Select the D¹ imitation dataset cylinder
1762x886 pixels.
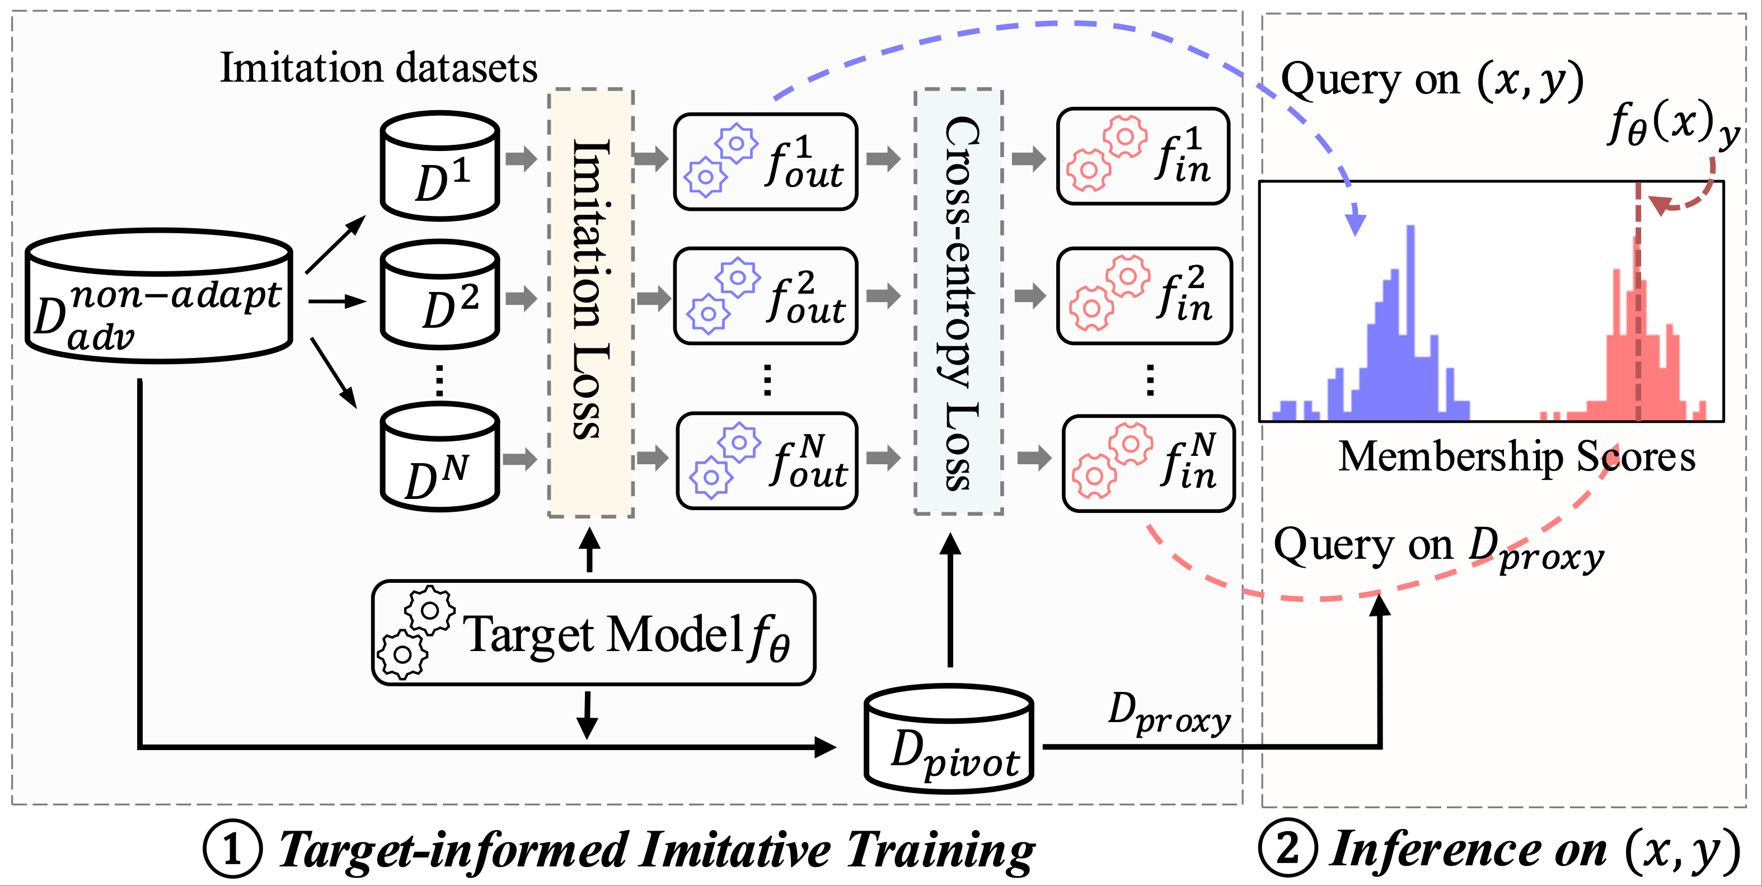click(440, 166)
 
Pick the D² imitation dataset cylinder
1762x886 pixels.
click(440, 295)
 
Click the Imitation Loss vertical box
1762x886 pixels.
click(591, 303)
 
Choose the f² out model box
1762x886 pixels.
click(765, 296)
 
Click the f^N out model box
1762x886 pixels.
click(767, 461)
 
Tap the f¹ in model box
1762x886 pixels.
click(1143, 157)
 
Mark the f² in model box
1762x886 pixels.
click(1144, 296)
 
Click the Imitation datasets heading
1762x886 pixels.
click(378, 68)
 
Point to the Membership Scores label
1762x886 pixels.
click(1516, 456)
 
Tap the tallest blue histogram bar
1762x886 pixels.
click(1410, 321)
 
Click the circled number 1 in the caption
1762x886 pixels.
click(232, 849)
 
